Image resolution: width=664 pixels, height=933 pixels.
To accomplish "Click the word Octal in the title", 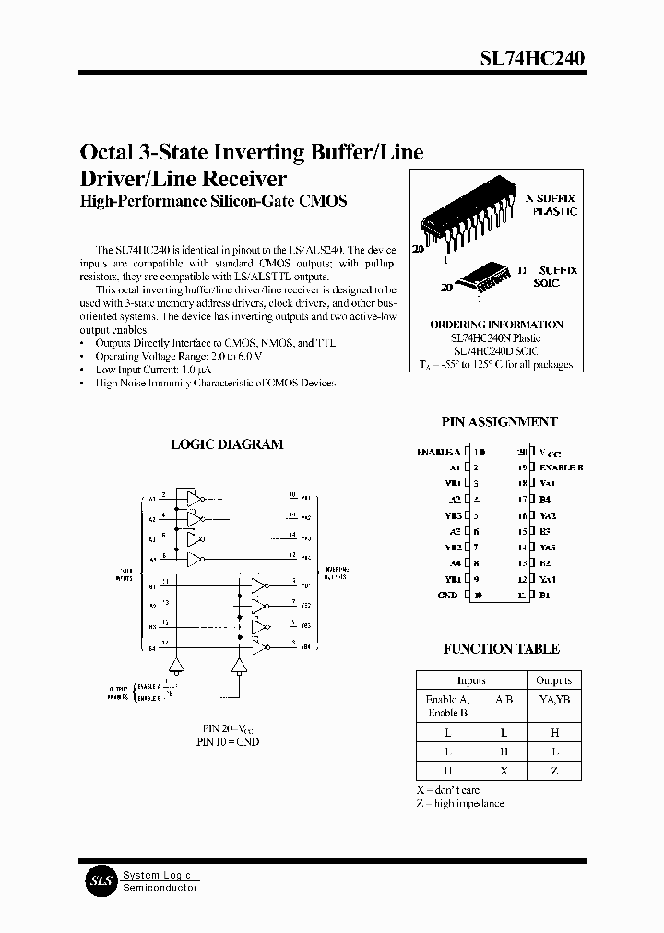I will pyautogui.click(x=106, y=152).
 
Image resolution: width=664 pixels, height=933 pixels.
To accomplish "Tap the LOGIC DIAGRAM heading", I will pyautogui.click(x=227, y=444).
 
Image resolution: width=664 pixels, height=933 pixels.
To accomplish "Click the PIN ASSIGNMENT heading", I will pyautogui.click(x=499, y=421).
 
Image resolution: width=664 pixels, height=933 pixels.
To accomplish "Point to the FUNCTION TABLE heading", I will pyautogui.click(x=501, y=649).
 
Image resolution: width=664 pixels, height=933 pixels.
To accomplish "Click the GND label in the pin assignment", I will pyautogui.click(x=447, y=596).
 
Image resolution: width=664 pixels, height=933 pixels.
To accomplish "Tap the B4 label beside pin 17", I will pyautogui.click(x=545, y=500).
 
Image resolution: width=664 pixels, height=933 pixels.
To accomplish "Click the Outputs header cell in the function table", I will pyautogui.click(x=553, y=680).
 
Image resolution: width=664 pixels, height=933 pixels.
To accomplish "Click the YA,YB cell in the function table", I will pyautogui.click(x=553, y=700).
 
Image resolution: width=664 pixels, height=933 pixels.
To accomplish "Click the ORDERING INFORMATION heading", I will pyautogui.click(x=496, y=325).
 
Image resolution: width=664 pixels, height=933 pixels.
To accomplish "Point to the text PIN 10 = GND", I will pyautogui.click(x=227, y=741).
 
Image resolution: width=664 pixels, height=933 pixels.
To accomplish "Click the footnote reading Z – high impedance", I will pyautogui.click(x=459, y=804).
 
